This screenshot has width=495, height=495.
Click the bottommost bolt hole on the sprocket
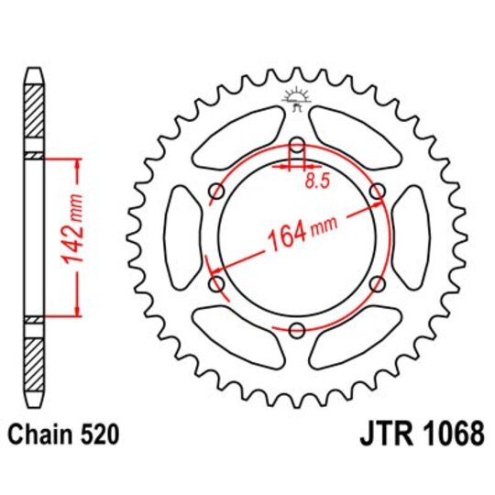297,331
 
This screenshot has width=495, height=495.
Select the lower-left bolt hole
216,285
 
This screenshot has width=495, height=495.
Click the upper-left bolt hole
216,192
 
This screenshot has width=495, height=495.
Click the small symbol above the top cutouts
297,95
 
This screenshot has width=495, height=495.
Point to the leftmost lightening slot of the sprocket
181,238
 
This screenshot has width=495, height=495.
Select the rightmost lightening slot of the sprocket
413,238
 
